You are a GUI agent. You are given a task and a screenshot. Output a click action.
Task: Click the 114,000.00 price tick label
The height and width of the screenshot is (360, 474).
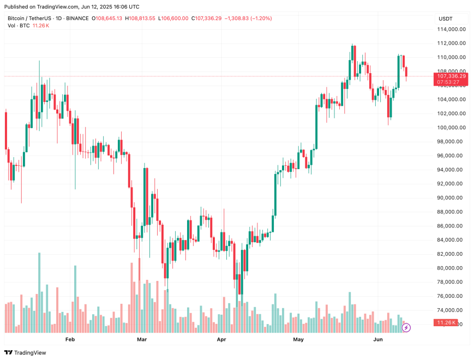(x=451, y=29)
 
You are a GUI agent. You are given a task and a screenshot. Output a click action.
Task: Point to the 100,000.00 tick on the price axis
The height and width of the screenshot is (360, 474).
(x=451, y=128)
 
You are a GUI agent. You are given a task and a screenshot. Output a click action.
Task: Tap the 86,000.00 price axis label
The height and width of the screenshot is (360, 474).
(x=451, y=226)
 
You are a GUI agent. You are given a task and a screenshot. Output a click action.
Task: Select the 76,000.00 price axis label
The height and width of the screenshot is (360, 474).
(x=451, y=296)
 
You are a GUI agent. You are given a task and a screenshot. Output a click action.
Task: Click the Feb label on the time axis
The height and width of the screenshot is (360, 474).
(x=70, y=340)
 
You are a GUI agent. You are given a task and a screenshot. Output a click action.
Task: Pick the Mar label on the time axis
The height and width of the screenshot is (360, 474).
(x=142, y=340)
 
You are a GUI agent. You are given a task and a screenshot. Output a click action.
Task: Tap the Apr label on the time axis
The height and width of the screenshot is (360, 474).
(x=221, y=340)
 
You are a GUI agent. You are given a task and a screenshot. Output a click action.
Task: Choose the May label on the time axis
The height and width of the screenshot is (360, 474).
(x=298, y=340)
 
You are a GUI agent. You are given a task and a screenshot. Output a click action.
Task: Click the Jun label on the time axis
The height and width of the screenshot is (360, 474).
(x=377, y=340)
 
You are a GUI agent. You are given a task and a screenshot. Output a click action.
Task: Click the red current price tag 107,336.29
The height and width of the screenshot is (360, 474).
(x=451, y=76)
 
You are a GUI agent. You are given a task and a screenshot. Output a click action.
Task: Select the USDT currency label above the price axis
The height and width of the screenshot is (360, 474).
(x=445, y=19)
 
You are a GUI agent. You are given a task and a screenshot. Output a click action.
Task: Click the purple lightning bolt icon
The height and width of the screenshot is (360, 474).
(x=406, y=328)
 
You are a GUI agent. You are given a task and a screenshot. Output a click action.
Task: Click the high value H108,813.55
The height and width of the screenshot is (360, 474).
(x=141, y=19)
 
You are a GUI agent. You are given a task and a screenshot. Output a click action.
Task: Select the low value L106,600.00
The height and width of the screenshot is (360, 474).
(x=174, y=19)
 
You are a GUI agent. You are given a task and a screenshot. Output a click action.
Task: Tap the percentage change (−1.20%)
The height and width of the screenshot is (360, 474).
(x=260, y=19)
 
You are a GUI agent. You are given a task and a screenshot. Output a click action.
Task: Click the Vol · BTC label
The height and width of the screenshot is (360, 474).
(x=19, y=26)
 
